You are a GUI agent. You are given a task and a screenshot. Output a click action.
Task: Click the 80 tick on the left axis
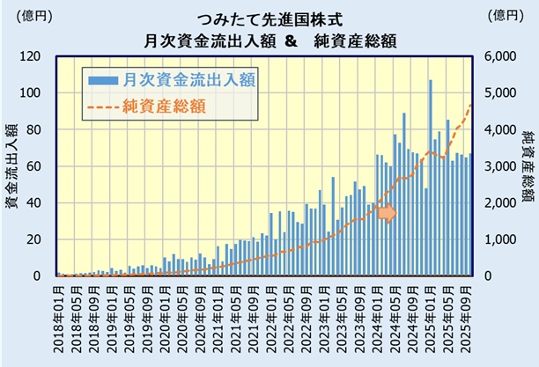(39, 129)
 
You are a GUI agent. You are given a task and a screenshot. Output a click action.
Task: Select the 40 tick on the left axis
(39, 202)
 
